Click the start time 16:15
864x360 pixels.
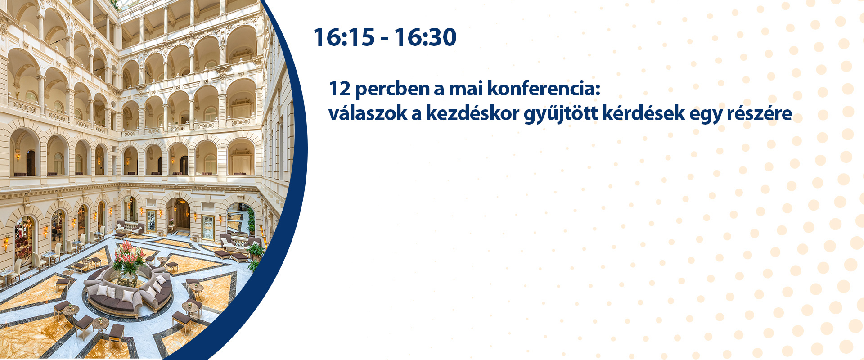344,37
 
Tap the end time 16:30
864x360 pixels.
426,37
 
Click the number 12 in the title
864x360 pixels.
340,89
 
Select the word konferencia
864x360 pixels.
541,89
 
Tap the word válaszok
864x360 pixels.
368,113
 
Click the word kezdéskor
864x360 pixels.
472,113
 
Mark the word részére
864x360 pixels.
760,114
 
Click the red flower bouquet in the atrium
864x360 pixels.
129,256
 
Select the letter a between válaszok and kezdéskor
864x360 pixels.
416,115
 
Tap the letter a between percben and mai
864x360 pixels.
439,90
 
